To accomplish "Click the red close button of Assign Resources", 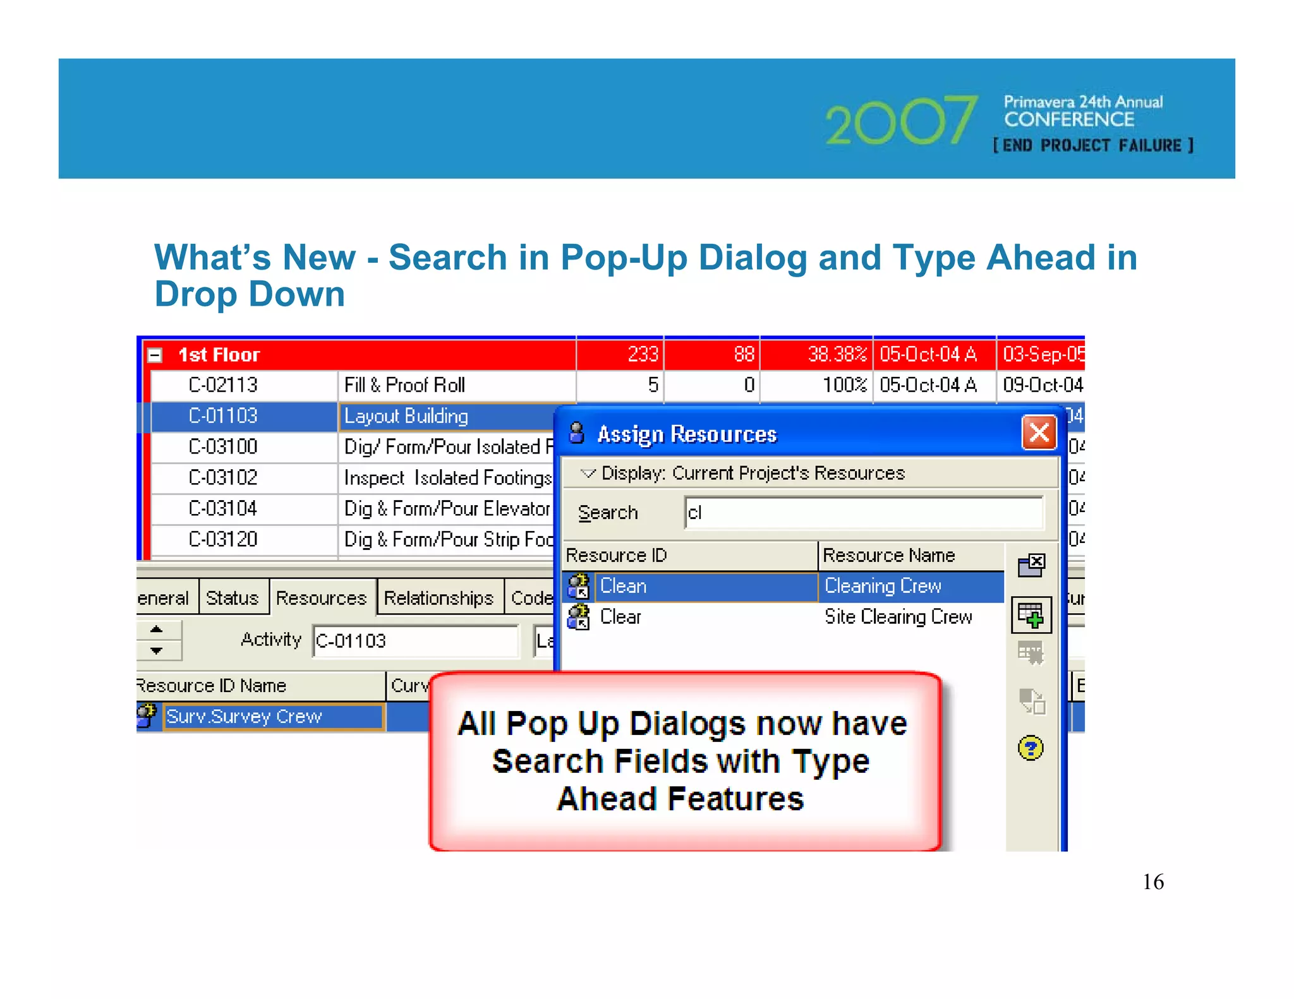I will point(1039,433).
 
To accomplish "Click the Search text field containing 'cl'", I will point(863,513).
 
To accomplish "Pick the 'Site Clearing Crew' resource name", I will point(898,617).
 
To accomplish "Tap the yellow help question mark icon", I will point(1031,748).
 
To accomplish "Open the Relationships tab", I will point(438,597).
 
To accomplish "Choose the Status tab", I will point(232,597).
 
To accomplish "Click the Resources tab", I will point(321,597).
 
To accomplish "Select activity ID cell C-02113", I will point(223,385).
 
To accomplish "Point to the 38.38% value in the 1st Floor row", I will point(837,354).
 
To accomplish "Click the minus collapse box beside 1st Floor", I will point(155,355).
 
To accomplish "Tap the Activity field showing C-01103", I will point(414,641).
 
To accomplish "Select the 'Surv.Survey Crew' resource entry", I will point(244,716).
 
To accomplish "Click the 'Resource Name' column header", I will point(888,555).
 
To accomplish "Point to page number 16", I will point(1152,882).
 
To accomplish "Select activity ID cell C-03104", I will point(223,508).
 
